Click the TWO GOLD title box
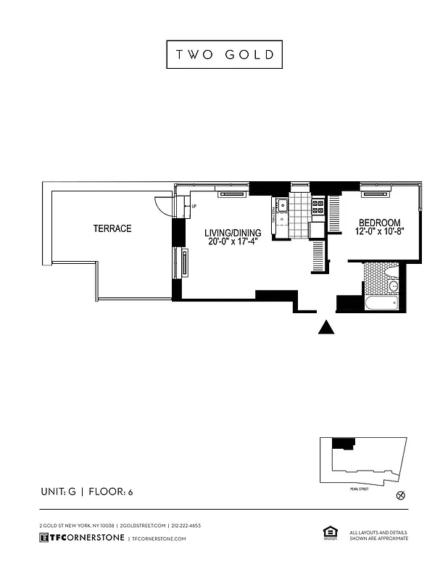[x=224, y=54]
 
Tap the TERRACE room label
[x=112, y=228]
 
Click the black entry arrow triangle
[x=327, y=328]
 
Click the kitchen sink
[x=281, y=206]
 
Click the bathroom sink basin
[x=393, y=286]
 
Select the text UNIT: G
[x=58, y=492]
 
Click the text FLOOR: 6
[x=109, y=492]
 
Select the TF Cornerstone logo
[x=81, y=538]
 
